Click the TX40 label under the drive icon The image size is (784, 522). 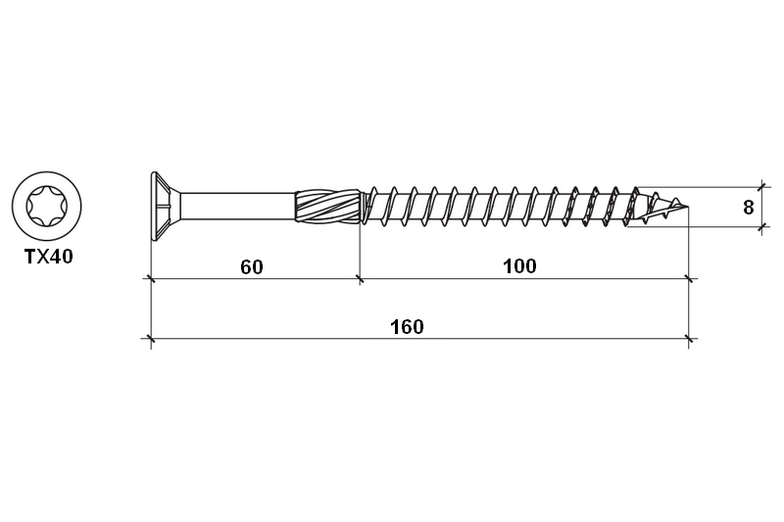coord(48,257)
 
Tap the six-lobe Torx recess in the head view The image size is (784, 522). coord(47,207)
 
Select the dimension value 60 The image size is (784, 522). coord(252,267)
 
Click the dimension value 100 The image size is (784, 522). coord(519,266)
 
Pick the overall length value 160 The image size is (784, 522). coord(407,327)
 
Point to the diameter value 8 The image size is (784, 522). coord(748,208)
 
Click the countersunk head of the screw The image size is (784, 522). coord(166,207)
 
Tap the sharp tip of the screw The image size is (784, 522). coord(688,207)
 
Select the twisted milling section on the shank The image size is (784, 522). coord(327,207)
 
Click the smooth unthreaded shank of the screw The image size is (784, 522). coord(238,207)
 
